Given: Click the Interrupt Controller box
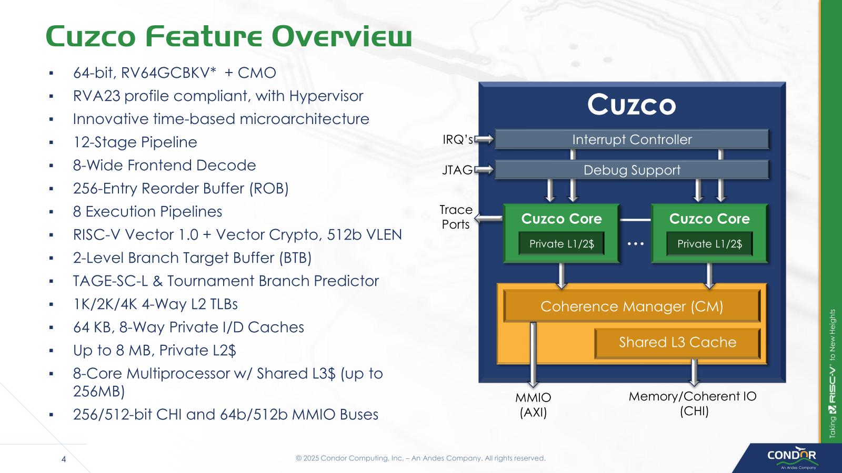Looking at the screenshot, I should point(631,139).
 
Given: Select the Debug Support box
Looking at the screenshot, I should point(631,170).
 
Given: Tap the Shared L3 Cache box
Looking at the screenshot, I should point(677,342).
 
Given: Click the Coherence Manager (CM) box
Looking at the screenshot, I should point(631,306).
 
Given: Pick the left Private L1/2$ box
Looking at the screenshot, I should point(561,244).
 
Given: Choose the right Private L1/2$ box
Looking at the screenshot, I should point(709,244).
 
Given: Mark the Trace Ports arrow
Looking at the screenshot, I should point(488,218).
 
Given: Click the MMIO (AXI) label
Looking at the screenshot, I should point(533,405).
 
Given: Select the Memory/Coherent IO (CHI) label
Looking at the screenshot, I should point(693,404).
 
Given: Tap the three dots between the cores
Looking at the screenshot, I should point(636,244).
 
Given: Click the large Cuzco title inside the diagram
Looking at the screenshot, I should point(631,105).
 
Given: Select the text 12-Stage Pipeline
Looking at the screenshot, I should point(135,142).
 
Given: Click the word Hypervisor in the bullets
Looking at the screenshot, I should point(326,96).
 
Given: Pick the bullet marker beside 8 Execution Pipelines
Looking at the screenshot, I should point(51,212).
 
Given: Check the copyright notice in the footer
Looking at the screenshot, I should point(420,458).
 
